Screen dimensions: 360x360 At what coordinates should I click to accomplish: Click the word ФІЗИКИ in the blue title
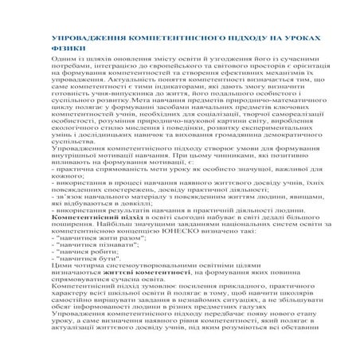point(65,48)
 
